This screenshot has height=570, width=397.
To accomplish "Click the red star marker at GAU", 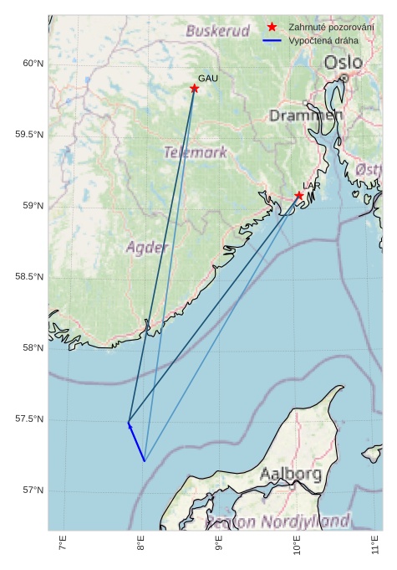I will pyautogui.click(x=194, y=88).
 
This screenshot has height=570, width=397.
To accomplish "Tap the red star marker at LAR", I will pyautogui.click(x=299, y=196).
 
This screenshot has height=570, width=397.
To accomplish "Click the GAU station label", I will pyautogui.click(x=208, y=78).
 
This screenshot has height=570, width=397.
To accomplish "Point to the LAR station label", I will pyautogui.click(x=312, y=185).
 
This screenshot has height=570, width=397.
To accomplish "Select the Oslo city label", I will pyautogui.click(x=344, y=63).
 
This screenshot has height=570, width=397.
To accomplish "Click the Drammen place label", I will pyautogui.click(x=306, y=116).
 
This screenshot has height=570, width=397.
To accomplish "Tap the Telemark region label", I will pyautogui.click(x=196, y=152).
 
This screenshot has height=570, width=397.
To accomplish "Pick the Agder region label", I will pyautogui.click(x=147, y=248).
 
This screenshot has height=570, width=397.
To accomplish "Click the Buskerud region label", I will pyautogui.click(x=217, y=31).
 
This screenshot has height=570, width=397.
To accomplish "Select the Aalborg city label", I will pyautogui.click(x=291, y=474).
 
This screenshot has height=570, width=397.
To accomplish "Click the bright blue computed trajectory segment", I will pyautogui.click(x=136, y=443).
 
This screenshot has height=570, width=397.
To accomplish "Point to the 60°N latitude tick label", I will pyautogui.click(x=33, y=64).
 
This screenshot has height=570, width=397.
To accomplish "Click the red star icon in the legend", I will pyautogui.click(x=272, y=28).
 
